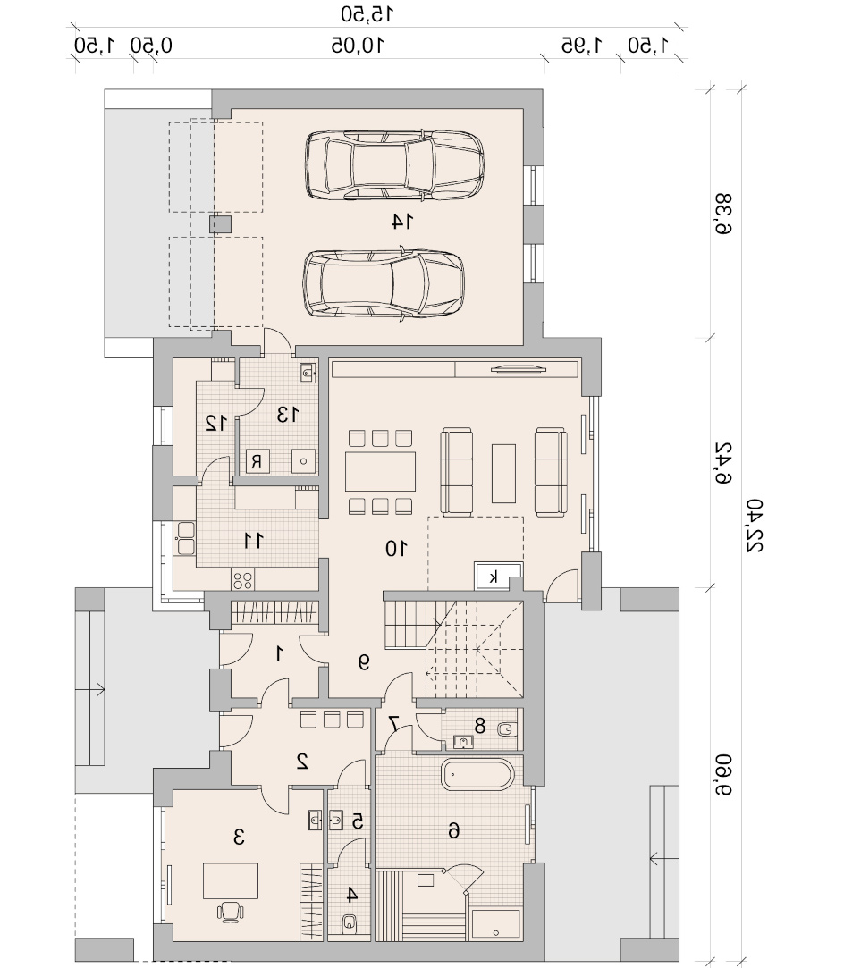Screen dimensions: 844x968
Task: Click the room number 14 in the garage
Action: point(402,221)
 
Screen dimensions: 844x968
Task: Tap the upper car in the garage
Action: point(394,164)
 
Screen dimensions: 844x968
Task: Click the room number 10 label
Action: point(396,548)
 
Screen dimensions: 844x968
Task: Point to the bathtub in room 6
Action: point(477,774)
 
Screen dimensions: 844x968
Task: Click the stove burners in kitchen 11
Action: point(242,580)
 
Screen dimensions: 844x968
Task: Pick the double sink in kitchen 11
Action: point(186,538)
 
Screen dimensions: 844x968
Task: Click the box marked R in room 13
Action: point(257,461)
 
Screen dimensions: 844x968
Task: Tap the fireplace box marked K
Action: point(493,577)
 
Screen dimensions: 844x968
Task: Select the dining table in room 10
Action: point(380,471)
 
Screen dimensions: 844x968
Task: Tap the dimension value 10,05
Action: point(358,45)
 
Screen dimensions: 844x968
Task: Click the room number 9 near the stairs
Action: point(364,662)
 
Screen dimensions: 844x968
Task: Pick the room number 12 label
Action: point(216,424)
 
